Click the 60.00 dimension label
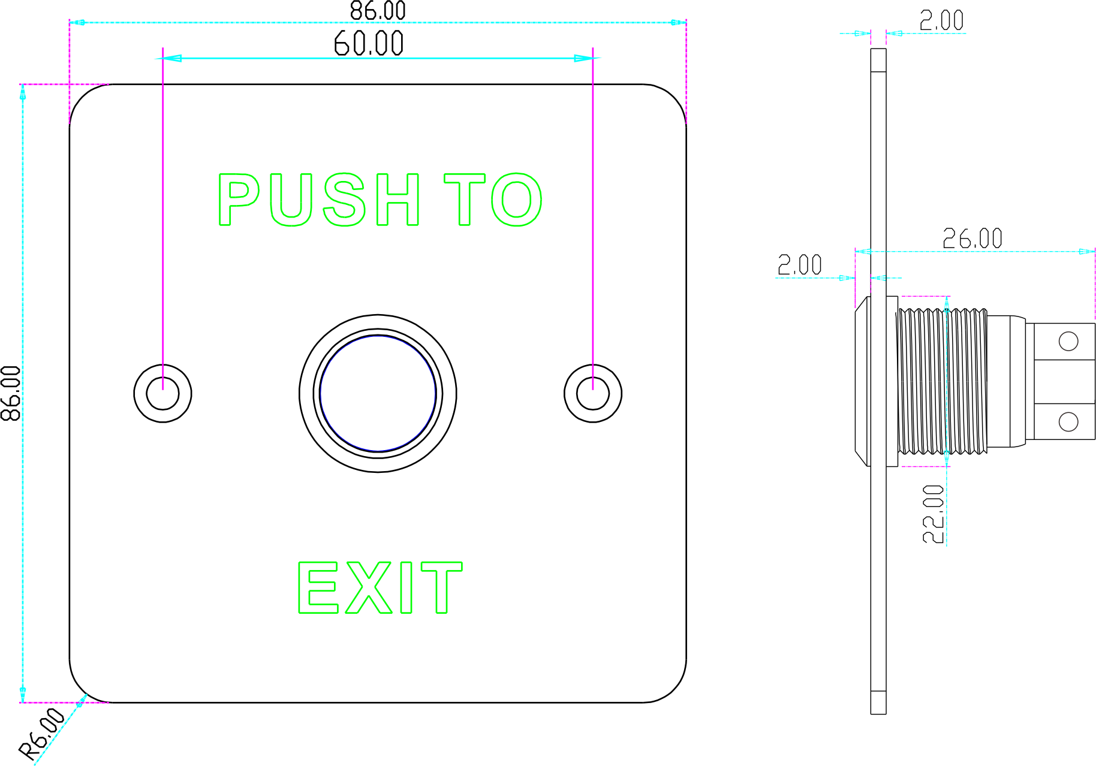pyautogui.click(x=368, y=44)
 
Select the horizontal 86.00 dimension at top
pyautogui.click(x=378, y=11)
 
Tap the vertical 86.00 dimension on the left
pyautogui.click(x=11, y=393)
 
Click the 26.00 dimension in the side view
pyautogui.click(x=972, y=239)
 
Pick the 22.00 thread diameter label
pyautogui.click(x=934, y=514)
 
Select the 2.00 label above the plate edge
pyautogui.click(x=941, y=21)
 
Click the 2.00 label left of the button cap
pyautogui.click(x=799, y=265)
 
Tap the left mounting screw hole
pyautogui.click(x=162, y=393)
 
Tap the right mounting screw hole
pyautogui.click(x=592, y=393)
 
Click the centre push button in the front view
pyautogui.click(x=378, y=393)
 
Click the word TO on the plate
pyautogui.click(x=493, y=200)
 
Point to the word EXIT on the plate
pyautogui.click(x=380, y=587)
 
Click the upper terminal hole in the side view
pyautogui.click(x=1068, y=342)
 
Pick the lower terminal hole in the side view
pyautogui.click(x=1068, y=421)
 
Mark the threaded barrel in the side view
pyautogui.click(x=941, y=382)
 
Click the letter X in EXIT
pyautogui.click(x=368, y=587)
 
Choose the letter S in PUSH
pyautogui.click(x=344, y=200)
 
